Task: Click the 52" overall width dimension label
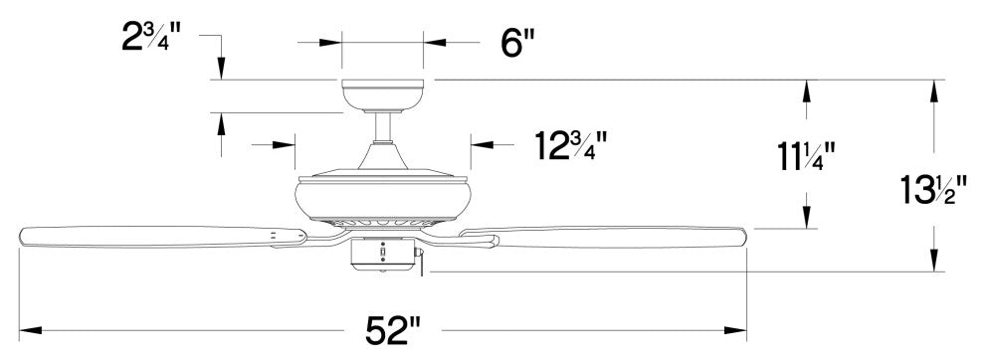coord(393,330)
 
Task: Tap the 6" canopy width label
coord(518,44)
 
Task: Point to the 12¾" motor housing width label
coord(571,145)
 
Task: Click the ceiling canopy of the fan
coord(383,96)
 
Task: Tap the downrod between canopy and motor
coord(383,127)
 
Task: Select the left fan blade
coord(163,237)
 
